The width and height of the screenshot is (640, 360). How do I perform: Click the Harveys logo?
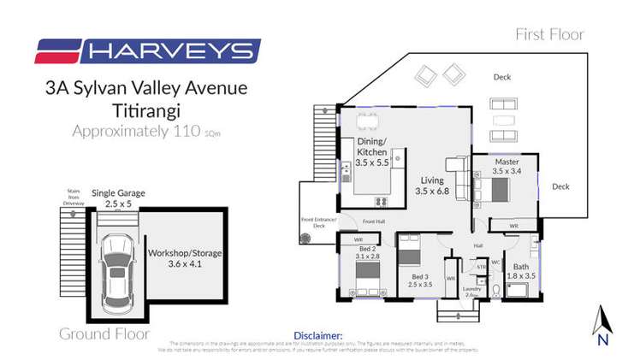147,51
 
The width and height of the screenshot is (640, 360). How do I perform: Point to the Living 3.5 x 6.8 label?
432,186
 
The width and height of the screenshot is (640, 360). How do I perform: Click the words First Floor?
549,35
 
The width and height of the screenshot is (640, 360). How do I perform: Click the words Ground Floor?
99,333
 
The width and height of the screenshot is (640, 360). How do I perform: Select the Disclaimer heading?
318,336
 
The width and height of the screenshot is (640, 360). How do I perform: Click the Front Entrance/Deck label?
319,223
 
